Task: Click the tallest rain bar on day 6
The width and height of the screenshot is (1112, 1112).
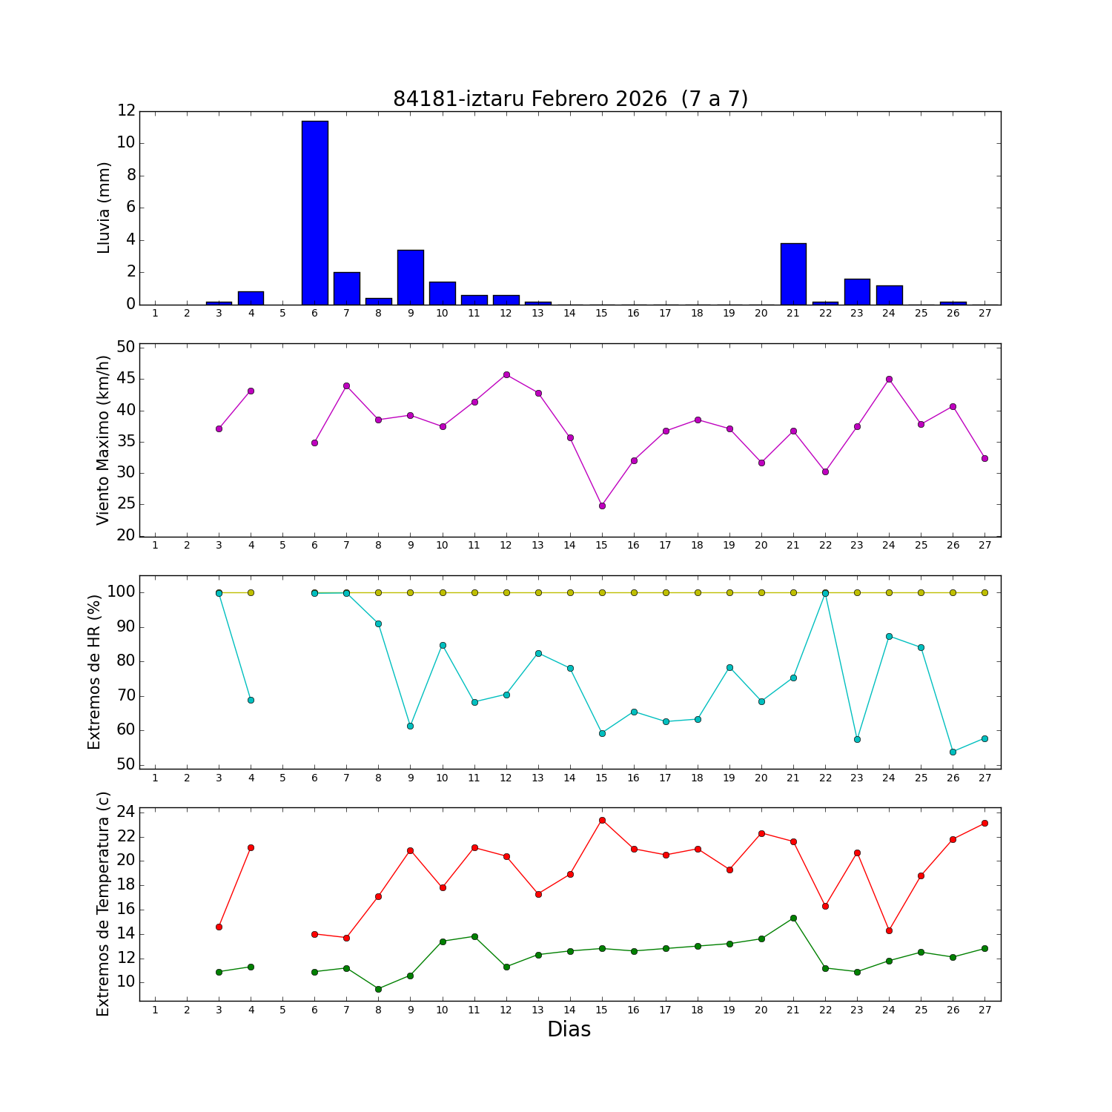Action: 314,213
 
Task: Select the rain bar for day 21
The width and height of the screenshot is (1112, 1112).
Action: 793,274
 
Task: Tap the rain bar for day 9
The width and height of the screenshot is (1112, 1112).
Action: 410,277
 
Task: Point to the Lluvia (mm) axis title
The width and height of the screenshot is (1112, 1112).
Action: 104,208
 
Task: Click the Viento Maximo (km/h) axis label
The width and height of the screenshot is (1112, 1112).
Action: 104,440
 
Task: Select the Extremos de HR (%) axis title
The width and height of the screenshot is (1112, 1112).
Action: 94,672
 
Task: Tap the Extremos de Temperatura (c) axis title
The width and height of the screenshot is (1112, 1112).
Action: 103,904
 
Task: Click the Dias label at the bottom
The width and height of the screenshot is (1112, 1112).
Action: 569,1029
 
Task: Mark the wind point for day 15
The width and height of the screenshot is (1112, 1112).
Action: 602,506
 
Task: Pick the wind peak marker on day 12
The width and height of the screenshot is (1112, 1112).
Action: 506,374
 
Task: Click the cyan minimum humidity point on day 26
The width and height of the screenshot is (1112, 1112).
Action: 953,752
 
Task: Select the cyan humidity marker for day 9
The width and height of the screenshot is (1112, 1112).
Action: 410,726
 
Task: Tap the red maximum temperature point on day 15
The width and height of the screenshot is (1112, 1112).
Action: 602,820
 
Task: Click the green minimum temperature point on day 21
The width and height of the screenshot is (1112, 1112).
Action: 793,918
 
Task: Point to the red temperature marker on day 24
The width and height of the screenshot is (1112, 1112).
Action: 889,930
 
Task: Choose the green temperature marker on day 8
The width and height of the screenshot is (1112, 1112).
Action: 378,989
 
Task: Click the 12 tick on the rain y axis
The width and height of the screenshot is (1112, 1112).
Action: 126,111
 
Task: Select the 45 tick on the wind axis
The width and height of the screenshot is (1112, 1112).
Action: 125,379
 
